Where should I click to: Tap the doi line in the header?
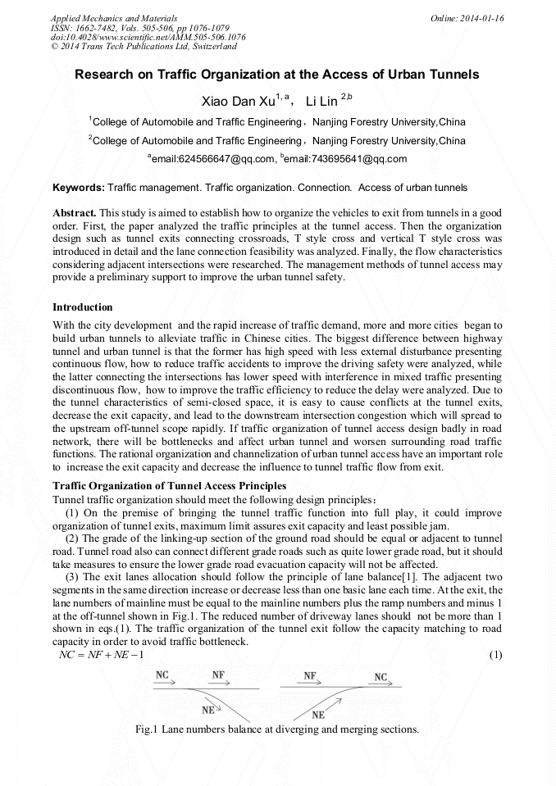[148, 37]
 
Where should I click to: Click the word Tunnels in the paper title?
[455, 74]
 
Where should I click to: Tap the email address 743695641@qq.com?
[345, 158]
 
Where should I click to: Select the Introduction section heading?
[83, 307]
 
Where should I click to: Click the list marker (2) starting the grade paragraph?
[71, 538]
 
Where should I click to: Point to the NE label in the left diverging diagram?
[210, 710]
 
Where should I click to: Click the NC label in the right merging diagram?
[381, 677]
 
